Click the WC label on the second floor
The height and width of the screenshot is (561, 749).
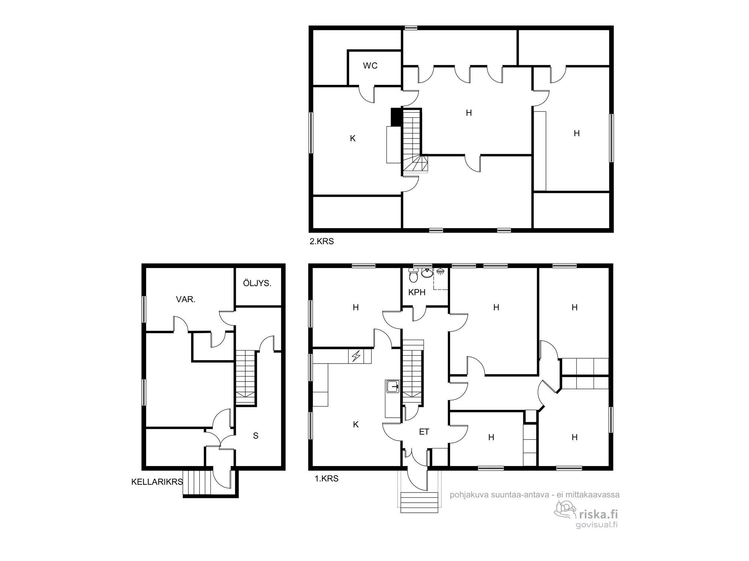(370, 66)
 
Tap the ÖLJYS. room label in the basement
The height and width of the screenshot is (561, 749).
(257, 283)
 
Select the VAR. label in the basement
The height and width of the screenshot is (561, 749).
(186, 299)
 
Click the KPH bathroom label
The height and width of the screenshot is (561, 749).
(417, 292)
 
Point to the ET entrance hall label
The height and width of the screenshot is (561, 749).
(424, 432)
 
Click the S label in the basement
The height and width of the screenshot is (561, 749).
(256, 436)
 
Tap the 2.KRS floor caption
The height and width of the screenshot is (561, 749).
(322, 242)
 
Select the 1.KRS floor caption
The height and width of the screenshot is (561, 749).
(327, 478)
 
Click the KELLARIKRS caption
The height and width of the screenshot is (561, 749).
(157, 482)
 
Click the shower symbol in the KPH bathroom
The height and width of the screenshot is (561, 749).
(440, 271)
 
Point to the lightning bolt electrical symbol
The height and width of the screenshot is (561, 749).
(356, 356)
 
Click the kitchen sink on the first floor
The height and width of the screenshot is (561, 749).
(392, 386)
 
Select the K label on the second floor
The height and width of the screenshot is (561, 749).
(352, 139)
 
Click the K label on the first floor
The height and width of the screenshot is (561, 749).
(356, 424)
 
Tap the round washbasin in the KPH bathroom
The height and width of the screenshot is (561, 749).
(427, 273)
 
